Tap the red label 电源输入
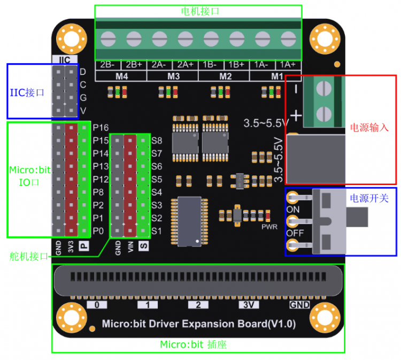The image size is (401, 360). tap(368, 128)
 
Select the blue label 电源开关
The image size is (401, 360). tap(369, 198)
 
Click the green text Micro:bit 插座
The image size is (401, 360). tap(194, 345)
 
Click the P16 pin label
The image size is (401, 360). tap(101, 128)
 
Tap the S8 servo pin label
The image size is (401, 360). tap(157, 141)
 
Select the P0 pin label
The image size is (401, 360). tap(98, 231)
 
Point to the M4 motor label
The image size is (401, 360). tap(122, 76)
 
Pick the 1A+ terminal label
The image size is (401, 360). tap(288, 65)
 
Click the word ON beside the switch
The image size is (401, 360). tap(293, 209)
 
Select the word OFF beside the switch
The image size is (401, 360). tap(294, 234)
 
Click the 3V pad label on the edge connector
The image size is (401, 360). tap(248, 305)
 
